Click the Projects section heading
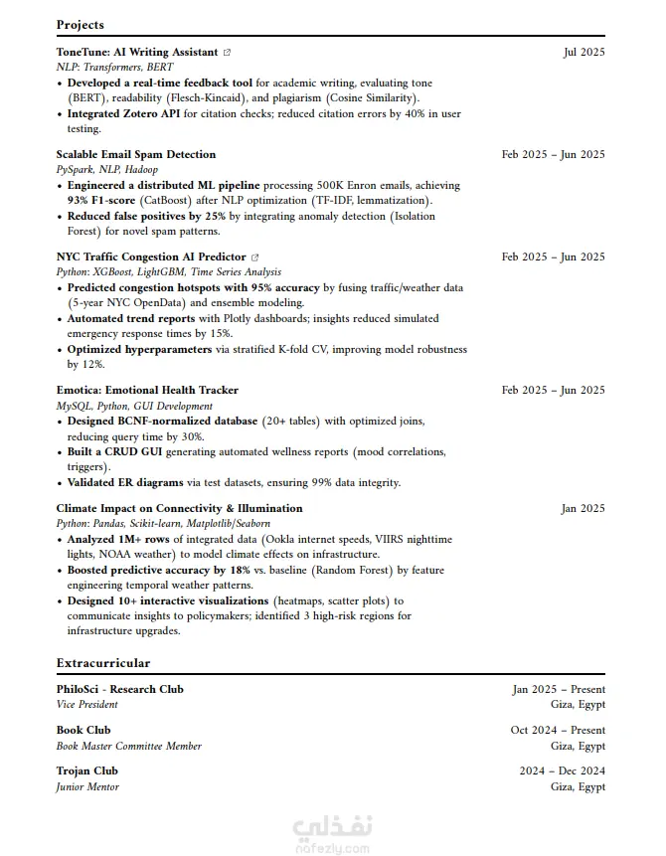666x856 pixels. [80, 25]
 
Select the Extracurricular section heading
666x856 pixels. [103, 662]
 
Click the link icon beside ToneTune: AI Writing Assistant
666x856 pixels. [228, 52]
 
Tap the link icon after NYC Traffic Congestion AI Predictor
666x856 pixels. [255, 257]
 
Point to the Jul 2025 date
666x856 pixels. [583, 52]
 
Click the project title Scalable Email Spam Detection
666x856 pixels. [135, 154]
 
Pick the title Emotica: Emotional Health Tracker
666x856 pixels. [147, 390]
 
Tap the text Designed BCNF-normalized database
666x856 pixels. [162, 422]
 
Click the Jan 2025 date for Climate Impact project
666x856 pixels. [583, 508]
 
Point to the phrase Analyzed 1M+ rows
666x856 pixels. [118, 539]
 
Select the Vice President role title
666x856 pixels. [86, 704]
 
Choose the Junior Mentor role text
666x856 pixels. [87, 786]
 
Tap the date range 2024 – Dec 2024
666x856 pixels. [562, 770]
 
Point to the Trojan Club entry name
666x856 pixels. [87, 770]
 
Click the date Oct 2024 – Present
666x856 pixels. [558, 730]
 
